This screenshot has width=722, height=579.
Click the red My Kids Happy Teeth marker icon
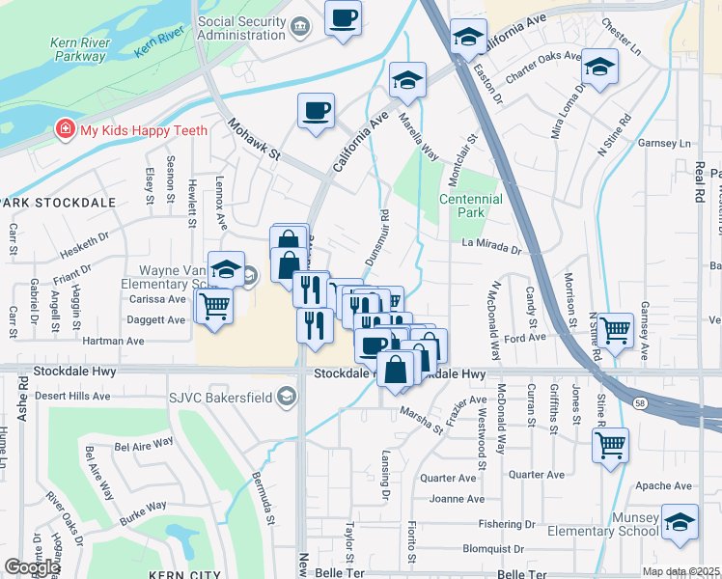click(x=65, y=129)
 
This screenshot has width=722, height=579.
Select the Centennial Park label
click(x=471, y=205)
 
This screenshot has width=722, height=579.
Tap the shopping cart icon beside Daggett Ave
click(x=215, y=306)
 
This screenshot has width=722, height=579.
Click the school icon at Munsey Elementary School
click(x=680, y=521)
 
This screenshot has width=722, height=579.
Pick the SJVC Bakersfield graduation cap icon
click(x=286, y=396)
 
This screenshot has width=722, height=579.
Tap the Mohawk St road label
click(x=254, y=140)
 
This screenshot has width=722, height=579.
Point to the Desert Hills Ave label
click(x=72, y=397)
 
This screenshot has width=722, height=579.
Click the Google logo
click(x=32, y=567)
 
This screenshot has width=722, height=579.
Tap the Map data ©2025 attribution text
click(x=680, y=571)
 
